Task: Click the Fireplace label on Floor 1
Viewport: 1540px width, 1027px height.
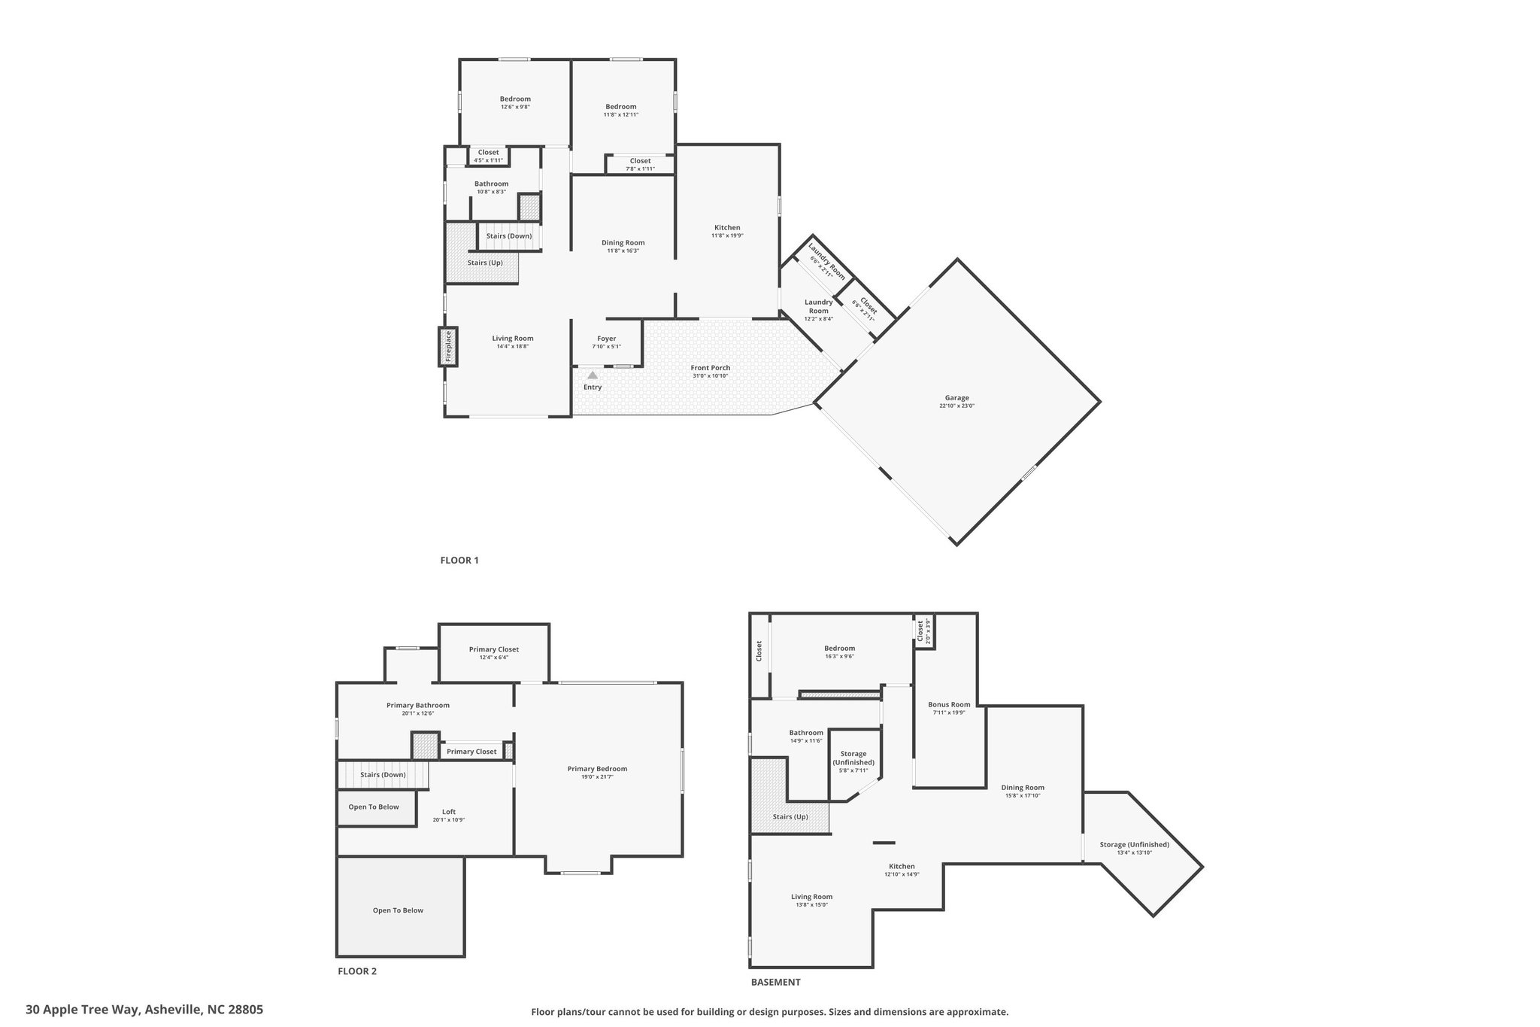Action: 448,346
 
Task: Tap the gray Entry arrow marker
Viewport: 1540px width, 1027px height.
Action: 593,375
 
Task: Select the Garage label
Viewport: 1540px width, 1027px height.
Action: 957,398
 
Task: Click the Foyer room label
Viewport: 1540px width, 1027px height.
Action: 607,339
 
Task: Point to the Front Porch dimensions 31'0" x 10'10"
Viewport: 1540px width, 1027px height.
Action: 711,375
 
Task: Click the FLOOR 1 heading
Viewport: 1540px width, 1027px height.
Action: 459,560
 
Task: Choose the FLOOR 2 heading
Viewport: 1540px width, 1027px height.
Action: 357,971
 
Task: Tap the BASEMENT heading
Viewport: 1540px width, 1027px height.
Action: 776,982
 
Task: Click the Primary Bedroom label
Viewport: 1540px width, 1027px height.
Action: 597,769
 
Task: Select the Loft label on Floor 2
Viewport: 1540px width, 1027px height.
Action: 449,812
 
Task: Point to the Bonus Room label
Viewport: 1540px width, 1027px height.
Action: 949,705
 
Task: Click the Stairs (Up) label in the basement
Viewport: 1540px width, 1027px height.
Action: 790,816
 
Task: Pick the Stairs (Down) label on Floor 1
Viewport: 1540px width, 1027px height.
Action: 509,235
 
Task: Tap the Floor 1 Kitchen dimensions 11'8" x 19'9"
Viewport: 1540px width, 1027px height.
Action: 727,235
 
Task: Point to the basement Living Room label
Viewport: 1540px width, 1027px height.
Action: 812,897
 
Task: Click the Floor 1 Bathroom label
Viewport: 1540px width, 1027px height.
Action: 491,184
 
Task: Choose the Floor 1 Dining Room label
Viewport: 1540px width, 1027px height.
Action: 623,242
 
